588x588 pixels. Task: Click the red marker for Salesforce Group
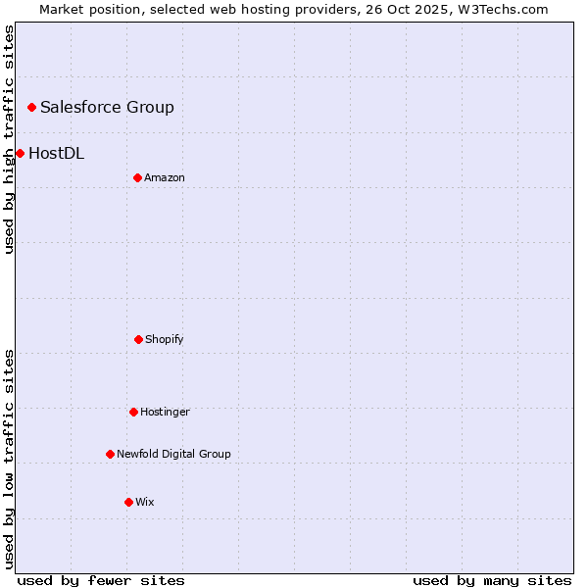point(31,107)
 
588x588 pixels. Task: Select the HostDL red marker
point(20,153)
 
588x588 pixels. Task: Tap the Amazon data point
point(137,177)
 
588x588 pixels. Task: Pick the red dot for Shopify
point(138,339)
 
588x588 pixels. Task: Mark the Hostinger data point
point(133,412)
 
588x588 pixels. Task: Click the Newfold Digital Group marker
point(110,454)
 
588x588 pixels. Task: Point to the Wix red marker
point(128,502)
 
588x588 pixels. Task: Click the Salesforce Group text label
point(107,107)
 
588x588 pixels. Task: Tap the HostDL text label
point(56,153)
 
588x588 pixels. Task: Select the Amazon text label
point(165,177)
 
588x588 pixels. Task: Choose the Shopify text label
point(165,339)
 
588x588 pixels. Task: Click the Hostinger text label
point(165,412)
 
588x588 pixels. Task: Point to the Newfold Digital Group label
point(173,454)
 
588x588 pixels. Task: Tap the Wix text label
point(145,502)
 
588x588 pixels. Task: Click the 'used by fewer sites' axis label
point(101,580)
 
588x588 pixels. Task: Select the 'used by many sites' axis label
point(492,580)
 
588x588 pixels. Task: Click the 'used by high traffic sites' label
point(9,139)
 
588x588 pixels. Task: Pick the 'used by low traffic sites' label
point(9,459)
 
